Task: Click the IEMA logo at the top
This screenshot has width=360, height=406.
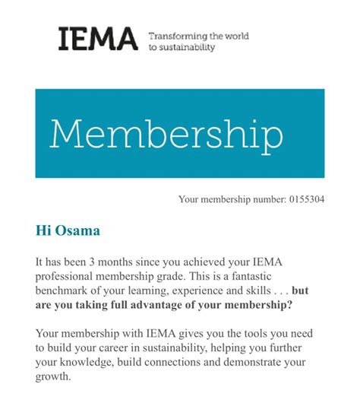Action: point(98,39)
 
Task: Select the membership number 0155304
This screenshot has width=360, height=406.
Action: point(307,200)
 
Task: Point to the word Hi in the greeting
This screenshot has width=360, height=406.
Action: point(43,229)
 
